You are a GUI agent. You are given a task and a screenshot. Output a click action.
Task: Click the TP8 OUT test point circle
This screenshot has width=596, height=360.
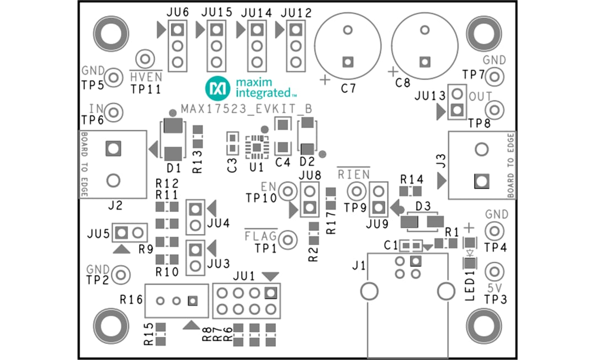[495, 109]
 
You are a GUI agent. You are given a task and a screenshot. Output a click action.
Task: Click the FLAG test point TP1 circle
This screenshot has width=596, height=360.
[287, 240]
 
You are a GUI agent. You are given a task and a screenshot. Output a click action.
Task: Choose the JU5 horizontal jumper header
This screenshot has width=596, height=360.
[130, 232]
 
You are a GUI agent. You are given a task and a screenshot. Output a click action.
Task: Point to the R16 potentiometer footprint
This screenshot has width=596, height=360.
[177, 301]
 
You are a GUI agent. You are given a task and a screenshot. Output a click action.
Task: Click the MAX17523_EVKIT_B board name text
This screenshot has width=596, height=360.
[247, 109]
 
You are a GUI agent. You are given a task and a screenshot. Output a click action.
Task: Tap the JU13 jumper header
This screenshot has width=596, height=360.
[456, 102]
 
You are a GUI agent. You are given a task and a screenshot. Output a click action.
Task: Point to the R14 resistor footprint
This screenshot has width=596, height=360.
[411, 192]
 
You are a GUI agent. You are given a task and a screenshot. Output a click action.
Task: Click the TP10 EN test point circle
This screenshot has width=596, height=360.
[287, 192]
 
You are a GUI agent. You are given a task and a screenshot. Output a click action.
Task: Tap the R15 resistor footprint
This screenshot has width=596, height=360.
[161, 334]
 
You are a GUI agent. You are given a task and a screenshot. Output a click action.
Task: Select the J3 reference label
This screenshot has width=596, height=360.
[440, 164]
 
